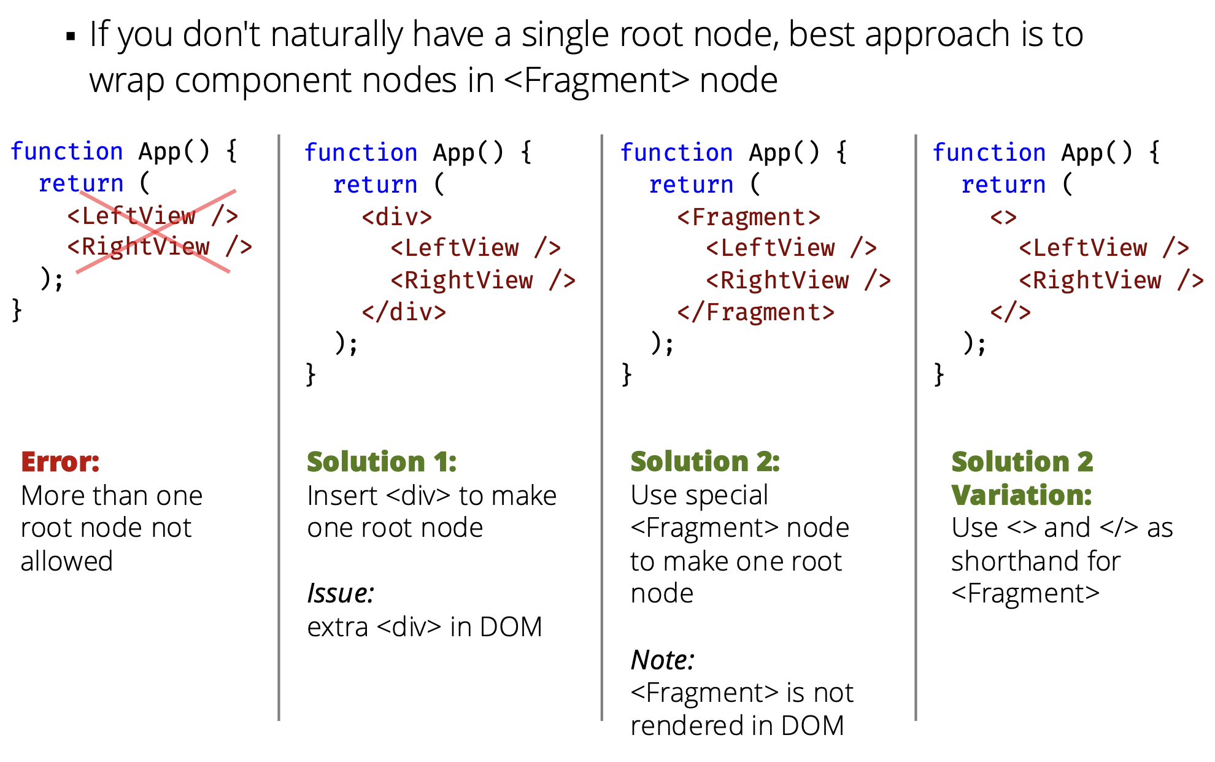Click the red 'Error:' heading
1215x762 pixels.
(60, 462)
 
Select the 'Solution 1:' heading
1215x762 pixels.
(382, 462)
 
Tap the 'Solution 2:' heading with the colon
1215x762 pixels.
(705, 462)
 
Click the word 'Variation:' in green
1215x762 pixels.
(1022, 495)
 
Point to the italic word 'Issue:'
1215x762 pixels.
(341, 594)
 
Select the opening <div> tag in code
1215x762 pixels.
(397, 217)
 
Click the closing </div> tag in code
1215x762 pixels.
(404, 312)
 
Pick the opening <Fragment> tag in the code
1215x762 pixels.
(749, 217)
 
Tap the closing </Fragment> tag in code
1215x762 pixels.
(756, 312)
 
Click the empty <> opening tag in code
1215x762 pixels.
(1003, 217)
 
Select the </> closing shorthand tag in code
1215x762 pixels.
(1011, 312)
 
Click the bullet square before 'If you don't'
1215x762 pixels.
(71, 37)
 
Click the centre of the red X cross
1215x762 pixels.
(155, 231)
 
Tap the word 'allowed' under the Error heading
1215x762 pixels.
(67, 561)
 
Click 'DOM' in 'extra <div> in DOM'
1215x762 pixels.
(511, 627)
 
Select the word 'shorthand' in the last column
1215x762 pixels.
(1036, 561)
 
